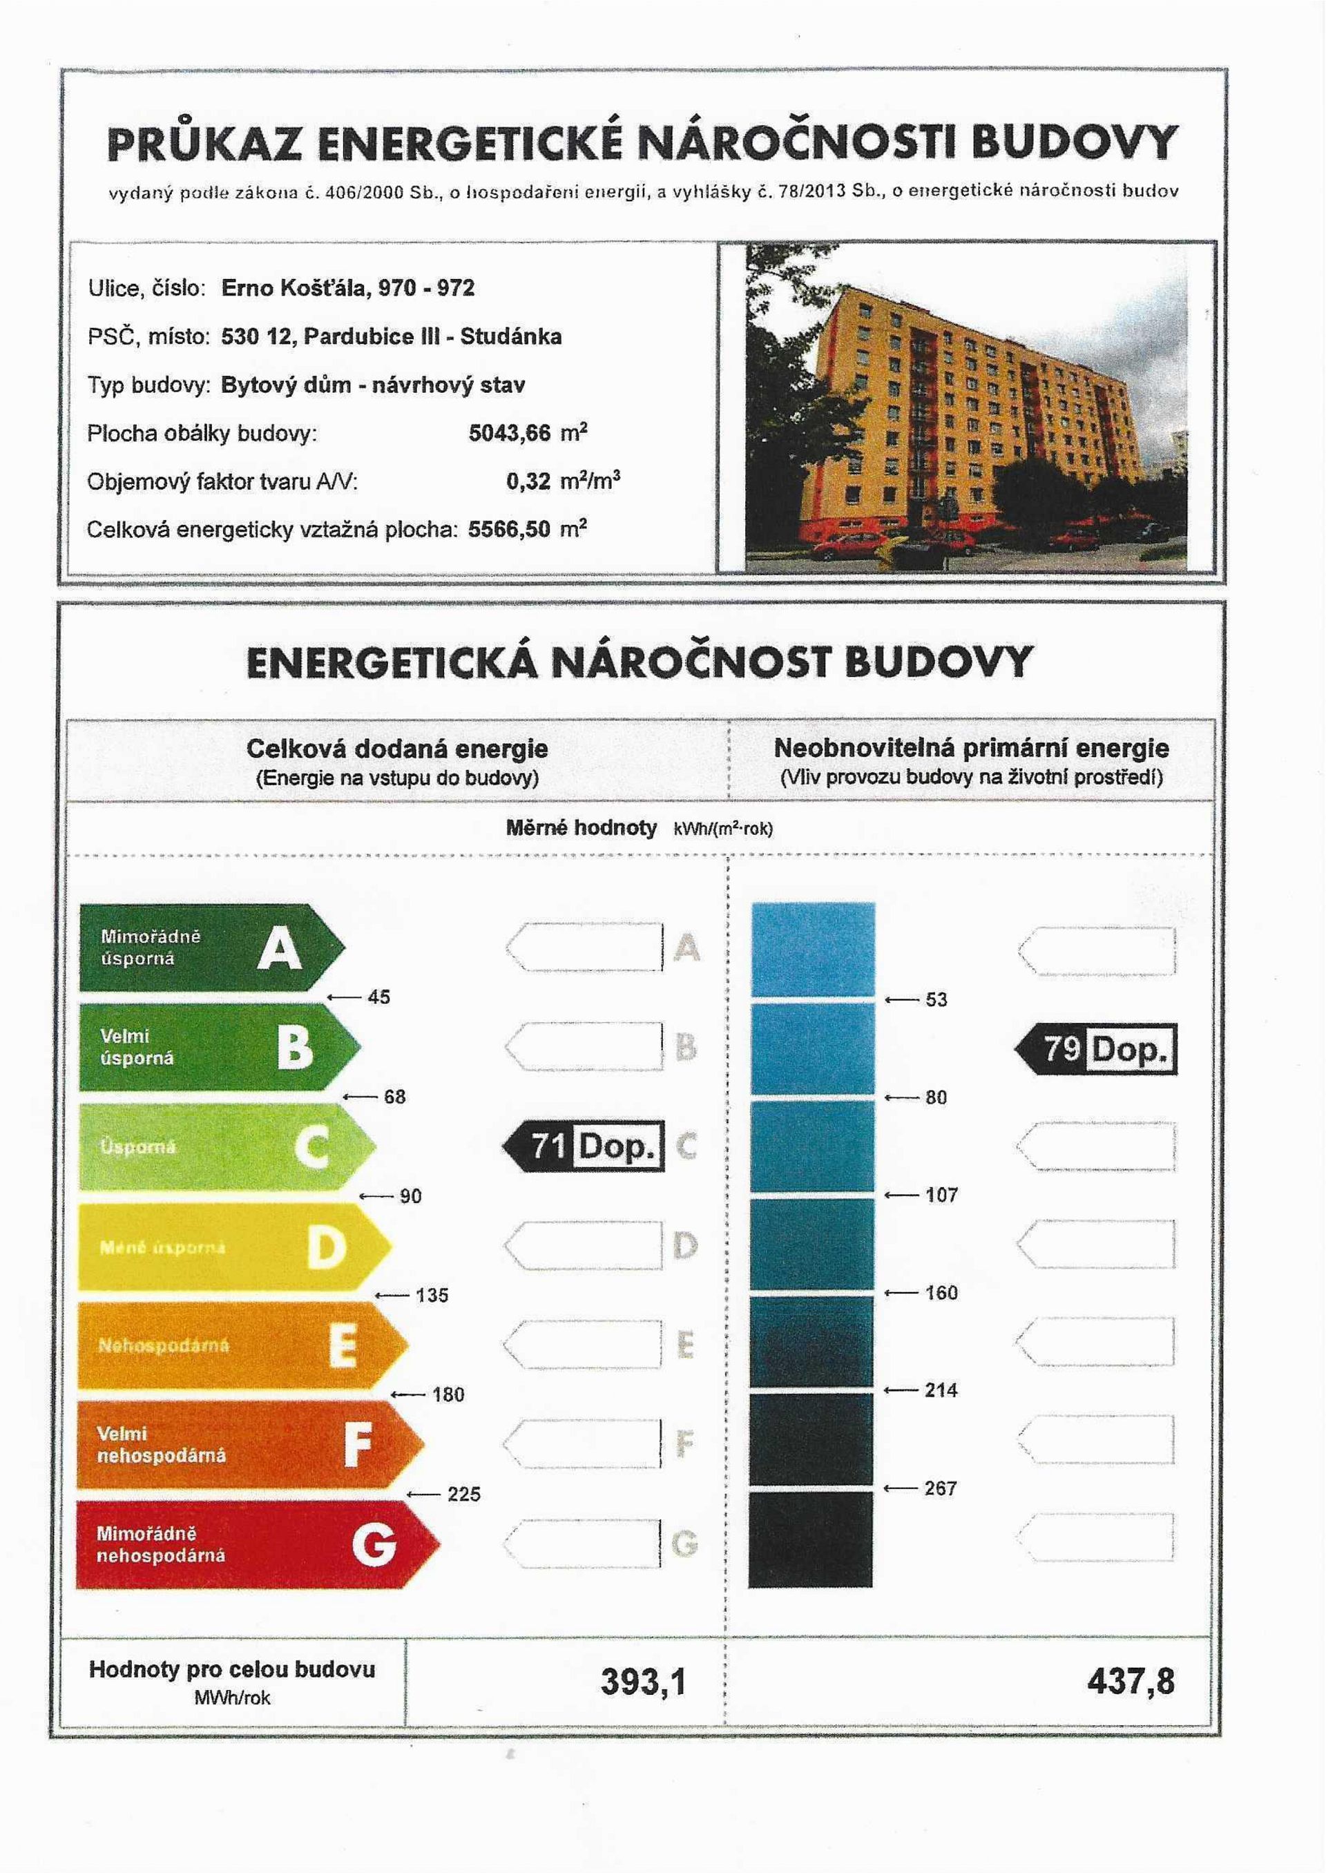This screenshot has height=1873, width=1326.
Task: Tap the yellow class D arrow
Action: (x=233, y=1247)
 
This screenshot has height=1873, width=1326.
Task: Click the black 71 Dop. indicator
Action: (x=583, y=1146)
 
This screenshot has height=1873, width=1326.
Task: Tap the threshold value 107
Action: (x=941, y=1195)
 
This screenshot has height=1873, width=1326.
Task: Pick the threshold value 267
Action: (x=941, y=1488)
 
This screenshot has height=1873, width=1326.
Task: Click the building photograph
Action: (x=966, y=408)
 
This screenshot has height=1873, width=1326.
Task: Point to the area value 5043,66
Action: (x=510, y=433)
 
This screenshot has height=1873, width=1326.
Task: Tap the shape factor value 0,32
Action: (x=528, y=482)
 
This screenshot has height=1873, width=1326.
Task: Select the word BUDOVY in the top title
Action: (x=1074, y=144)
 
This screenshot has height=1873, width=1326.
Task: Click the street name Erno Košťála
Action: (x=295, y=288)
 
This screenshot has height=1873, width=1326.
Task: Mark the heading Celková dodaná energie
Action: (x=397, y=748)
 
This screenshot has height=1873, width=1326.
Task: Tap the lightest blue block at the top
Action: (x=812, y=949)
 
